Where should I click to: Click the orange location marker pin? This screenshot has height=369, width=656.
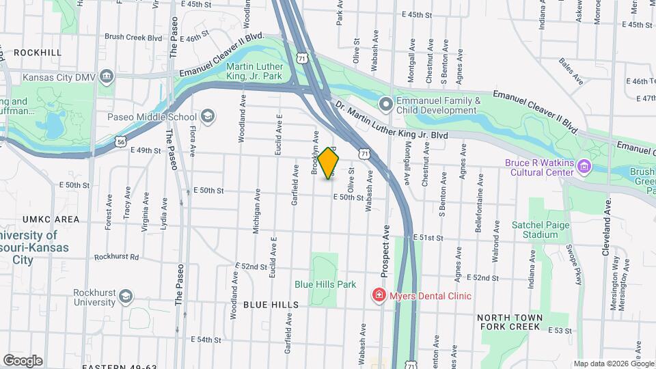click(329, 163)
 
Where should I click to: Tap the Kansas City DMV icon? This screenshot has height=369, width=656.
click(106, 77)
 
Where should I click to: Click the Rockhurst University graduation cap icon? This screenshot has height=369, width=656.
click(125, 297)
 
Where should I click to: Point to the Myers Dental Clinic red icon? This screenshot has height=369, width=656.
click(377, 296)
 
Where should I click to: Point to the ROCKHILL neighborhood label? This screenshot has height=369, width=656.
click(37, 52)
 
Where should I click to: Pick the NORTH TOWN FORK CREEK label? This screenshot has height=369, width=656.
click(519, 323)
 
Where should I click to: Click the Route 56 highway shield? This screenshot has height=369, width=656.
click(120, 141)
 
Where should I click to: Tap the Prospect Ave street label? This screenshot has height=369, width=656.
click(385, 251)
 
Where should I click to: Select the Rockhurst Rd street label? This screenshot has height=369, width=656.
click(117, 257)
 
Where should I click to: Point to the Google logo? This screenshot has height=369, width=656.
click(23, 360)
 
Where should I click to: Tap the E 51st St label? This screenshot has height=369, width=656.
click(428, 237)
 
